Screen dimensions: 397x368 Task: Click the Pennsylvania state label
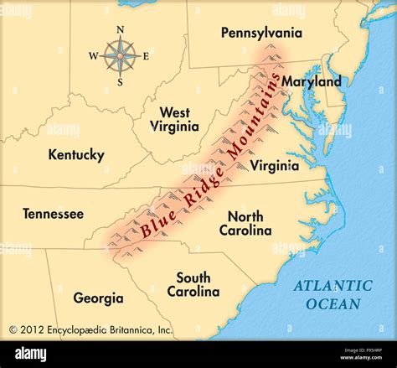click(x=260, y=33)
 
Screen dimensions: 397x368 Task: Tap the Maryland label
click(x=311, y=81)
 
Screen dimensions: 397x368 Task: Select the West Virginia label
click(x=174, y=119)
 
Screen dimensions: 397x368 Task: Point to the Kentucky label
click(x=76, y=154)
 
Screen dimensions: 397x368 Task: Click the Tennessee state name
click(x=53, y=214)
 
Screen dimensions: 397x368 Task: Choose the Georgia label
click(x=98, y=298)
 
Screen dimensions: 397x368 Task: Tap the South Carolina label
click(x=193, y=284)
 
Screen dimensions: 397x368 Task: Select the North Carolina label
click(x=245, y=223)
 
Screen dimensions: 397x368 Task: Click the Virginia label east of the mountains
click(x=274, y=165)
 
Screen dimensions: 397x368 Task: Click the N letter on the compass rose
click(x=121, y=29)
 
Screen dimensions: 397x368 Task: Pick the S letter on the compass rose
click(x=121, y=82)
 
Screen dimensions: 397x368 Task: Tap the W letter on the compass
click(x=94, y=56)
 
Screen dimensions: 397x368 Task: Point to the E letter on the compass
click(x=146, y=56)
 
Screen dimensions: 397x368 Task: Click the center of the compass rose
click(x=121, y=56)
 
